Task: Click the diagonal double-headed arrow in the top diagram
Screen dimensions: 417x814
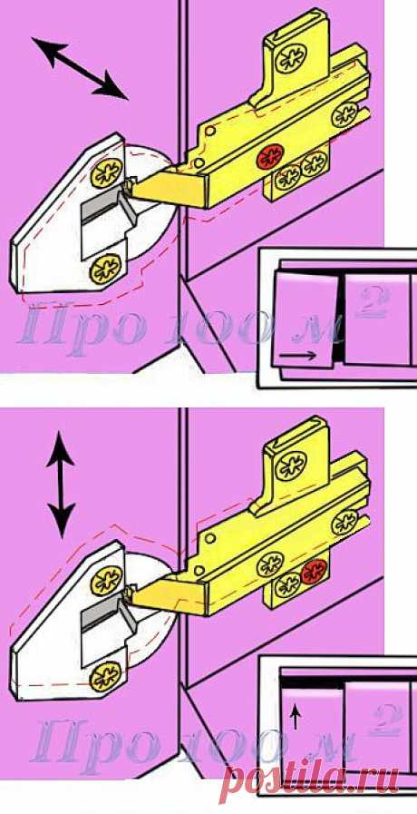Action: (80, 68)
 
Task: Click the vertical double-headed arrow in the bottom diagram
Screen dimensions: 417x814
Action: (61, 485)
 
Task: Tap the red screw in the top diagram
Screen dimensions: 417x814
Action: (271, 156)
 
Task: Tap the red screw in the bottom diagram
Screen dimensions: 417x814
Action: (314, 571)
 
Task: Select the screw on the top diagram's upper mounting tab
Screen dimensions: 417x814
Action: (290, 58)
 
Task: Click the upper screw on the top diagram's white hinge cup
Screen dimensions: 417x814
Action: (106, 173)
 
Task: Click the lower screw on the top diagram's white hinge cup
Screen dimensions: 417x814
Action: (105, 270)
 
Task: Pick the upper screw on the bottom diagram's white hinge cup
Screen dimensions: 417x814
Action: (107, 581)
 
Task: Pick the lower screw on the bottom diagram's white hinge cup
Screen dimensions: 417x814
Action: (105, 677)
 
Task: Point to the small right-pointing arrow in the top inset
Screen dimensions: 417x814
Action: (297, 356)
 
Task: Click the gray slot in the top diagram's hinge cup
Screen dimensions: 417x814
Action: (102, 208)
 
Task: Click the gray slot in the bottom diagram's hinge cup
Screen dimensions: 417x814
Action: (103, 615)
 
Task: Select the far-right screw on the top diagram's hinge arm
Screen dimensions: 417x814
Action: (344, 115)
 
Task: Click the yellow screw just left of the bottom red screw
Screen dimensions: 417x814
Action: (289, 586)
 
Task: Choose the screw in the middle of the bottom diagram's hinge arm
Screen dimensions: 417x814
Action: (270, 564)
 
